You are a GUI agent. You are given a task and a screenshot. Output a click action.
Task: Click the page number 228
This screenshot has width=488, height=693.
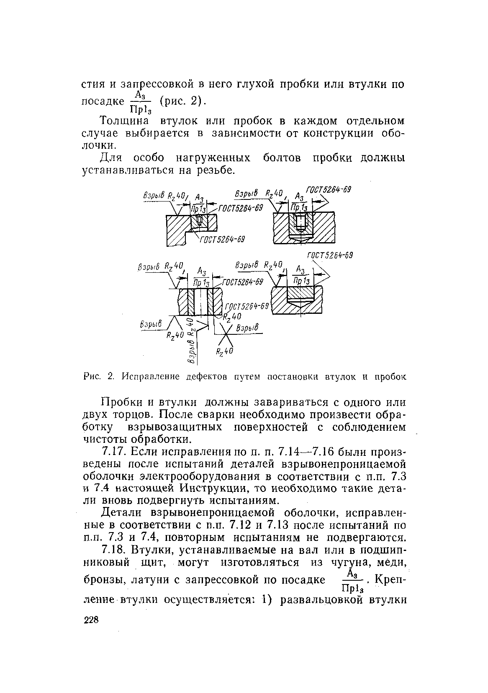pyautogui.click(x=91, y=621)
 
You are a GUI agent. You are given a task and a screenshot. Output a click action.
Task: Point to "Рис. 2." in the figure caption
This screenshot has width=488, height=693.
pyautogui.click(x=95, y=377)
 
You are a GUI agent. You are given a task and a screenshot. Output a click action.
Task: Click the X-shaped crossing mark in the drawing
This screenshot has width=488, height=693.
pyautogui.click(x=226, y=335)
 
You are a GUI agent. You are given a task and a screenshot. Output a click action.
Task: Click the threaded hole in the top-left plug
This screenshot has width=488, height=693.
pyautogui.click(x=200, y=221)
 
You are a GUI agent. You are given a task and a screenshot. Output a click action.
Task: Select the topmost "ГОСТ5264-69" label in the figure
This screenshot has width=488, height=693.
pyautogui.click(x=329, y=190)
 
